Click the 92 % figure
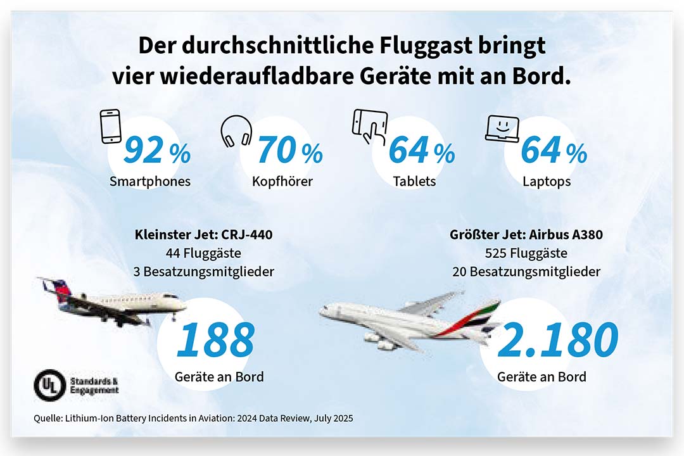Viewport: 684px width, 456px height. tap(156, 150)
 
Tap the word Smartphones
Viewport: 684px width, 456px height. tap(150, 181)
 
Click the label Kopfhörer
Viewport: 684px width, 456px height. tap(282, 181)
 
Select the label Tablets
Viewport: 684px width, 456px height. tap(414, 181)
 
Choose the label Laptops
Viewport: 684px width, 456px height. tap(547, 181)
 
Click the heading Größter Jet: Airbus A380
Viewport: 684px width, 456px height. tap(527, 235)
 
